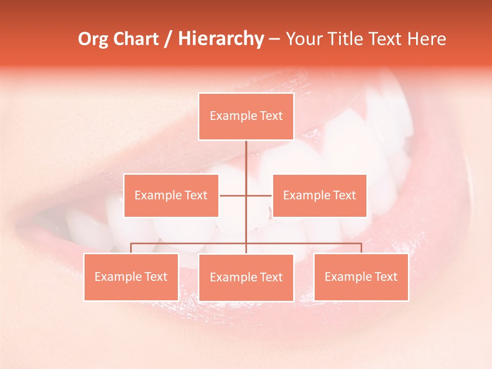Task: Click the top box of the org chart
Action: coord(246,116)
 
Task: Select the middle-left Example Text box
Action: coord(171,195)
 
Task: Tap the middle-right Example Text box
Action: coord(319,195)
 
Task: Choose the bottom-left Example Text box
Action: coord(131,277)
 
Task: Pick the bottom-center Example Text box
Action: coord(246,277)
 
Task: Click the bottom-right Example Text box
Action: coord(361,277)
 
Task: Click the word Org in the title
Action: coord(93,39)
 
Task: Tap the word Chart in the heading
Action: coord(136,39)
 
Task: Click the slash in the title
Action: coord(168,39)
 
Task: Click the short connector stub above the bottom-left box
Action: coord(131,248)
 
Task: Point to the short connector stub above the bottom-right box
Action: coord(361,248)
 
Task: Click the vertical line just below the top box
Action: coord(246,154)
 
